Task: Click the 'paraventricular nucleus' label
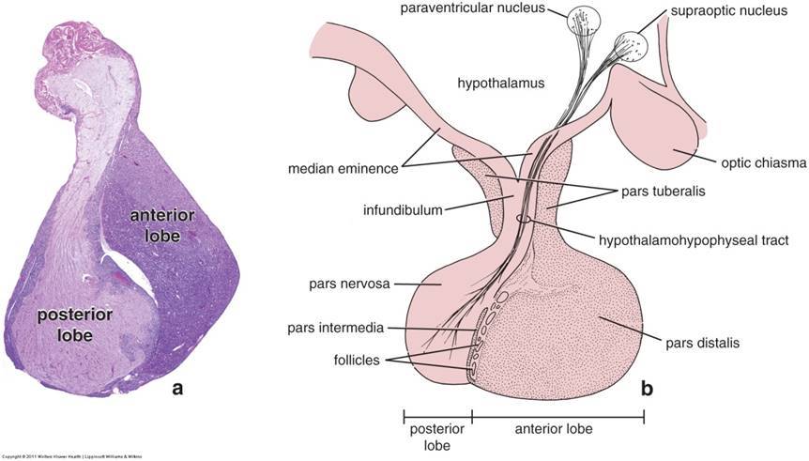(479, 10)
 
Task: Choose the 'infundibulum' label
(403, 210)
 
